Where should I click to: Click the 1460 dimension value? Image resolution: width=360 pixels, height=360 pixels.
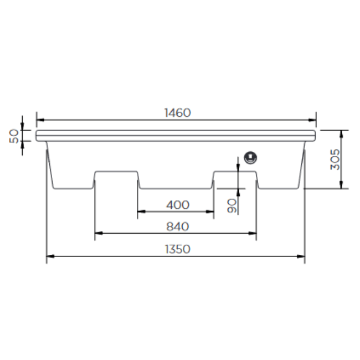(x=177, y=113)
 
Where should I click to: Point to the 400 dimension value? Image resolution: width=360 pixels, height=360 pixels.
(x=177, y=204)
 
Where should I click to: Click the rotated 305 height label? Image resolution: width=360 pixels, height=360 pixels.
(x=334, y=160)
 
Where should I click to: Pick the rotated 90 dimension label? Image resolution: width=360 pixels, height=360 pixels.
(x=232, y=207)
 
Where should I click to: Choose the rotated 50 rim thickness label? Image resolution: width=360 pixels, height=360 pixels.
(x=13, y=135)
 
